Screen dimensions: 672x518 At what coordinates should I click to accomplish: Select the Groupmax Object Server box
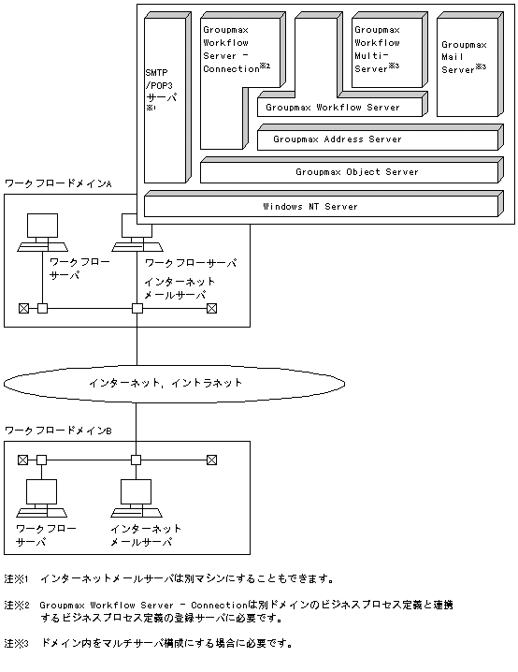(346, 172)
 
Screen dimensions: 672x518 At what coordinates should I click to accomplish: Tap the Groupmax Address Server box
(374, 139)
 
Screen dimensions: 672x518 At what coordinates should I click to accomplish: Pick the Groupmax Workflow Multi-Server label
(378, 48)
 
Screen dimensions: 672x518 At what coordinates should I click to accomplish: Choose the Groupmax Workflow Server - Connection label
(235, 49)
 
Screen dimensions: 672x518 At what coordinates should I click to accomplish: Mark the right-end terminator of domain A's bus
(212, 308)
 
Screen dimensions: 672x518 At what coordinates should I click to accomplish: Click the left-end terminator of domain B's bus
(23, 460)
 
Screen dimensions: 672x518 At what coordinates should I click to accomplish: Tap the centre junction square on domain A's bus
(137, 308)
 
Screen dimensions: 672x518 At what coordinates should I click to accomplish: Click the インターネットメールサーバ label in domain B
(146, 535)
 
